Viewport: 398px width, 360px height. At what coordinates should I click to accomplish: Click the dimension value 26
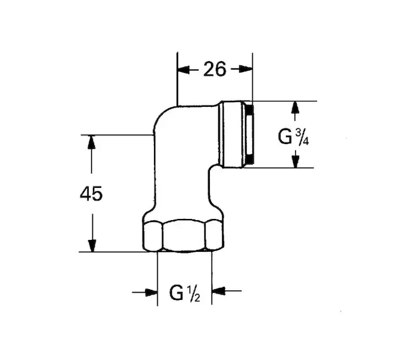pos(215,69)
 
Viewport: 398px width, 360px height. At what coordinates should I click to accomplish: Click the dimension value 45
pos(91,194)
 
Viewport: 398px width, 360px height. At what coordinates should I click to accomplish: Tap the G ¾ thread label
pos(293,137)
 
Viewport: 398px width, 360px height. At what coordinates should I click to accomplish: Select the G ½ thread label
pos(185,293)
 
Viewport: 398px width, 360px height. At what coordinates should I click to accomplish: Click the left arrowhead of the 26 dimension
pos(183,70)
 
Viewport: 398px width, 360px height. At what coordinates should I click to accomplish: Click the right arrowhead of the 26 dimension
pos(246,68)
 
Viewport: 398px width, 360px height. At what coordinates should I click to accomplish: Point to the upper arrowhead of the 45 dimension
pos(91,142)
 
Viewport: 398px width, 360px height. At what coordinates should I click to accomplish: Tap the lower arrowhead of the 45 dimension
pos(92,245)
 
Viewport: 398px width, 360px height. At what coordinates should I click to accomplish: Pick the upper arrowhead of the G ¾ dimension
pos(295,108)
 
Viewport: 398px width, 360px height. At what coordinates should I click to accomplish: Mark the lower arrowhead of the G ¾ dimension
pos(295,161)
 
